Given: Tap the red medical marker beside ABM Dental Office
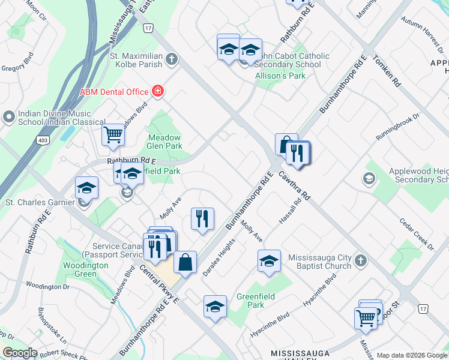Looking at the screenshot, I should point(158,91).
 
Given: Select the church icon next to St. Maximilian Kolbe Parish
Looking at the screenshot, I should point(172,59).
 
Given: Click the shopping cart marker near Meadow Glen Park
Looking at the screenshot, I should point(113,135).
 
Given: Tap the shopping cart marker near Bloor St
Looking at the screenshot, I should point(366,317).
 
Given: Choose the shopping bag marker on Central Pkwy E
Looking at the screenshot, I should point(185,262).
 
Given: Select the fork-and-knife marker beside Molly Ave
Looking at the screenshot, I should point(203,218).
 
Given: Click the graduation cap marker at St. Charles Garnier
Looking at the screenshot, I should point(86,188).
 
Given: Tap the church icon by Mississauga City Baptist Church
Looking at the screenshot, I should point(360,260).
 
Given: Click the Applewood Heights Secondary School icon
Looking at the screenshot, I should point(369,178).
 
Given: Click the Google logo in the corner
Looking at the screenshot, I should point(19,353).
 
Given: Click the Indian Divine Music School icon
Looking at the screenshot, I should point(9,116).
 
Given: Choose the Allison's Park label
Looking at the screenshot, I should point(280,76).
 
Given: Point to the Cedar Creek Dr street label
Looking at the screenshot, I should point(417,234).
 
